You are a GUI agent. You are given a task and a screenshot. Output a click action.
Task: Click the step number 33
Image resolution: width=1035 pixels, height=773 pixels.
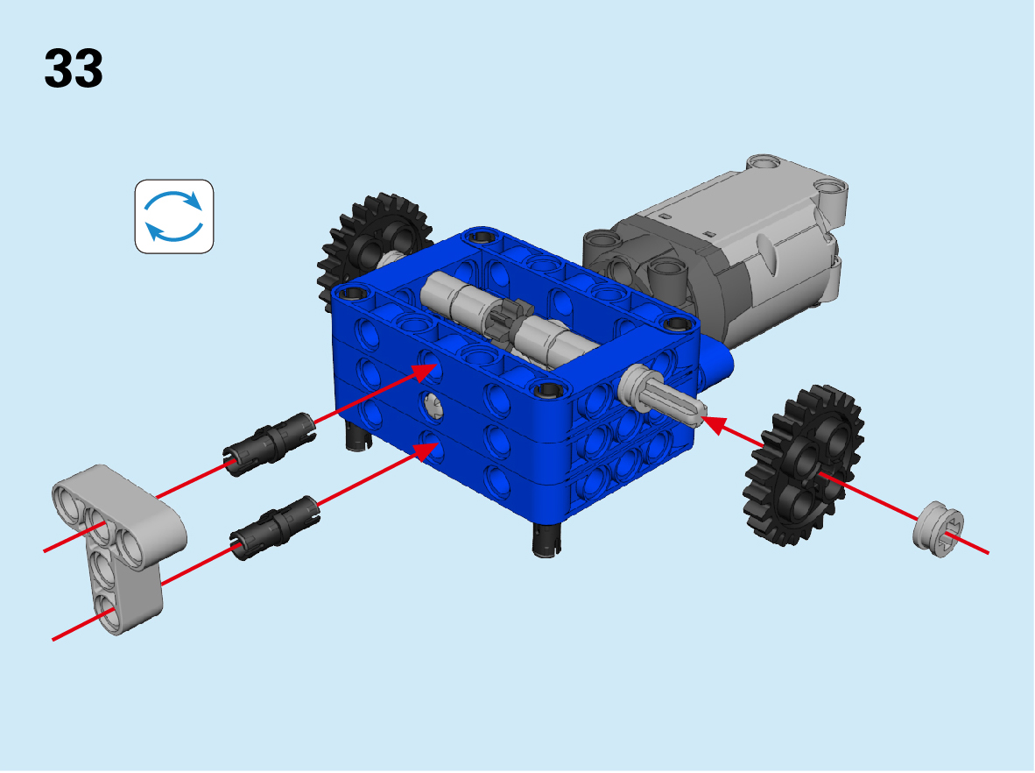point(74,68)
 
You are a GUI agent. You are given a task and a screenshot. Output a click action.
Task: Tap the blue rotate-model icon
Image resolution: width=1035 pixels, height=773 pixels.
point(174,216)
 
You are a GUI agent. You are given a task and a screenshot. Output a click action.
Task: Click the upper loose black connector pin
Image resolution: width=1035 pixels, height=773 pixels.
point(270,444)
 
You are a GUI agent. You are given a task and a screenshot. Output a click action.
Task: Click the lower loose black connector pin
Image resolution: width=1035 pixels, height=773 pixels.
point(276,528)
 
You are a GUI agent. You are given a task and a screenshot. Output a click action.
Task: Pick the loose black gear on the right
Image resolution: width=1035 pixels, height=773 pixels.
point(803,465)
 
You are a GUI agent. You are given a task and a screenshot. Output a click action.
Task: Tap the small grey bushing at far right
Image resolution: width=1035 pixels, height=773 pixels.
point(938,528)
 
